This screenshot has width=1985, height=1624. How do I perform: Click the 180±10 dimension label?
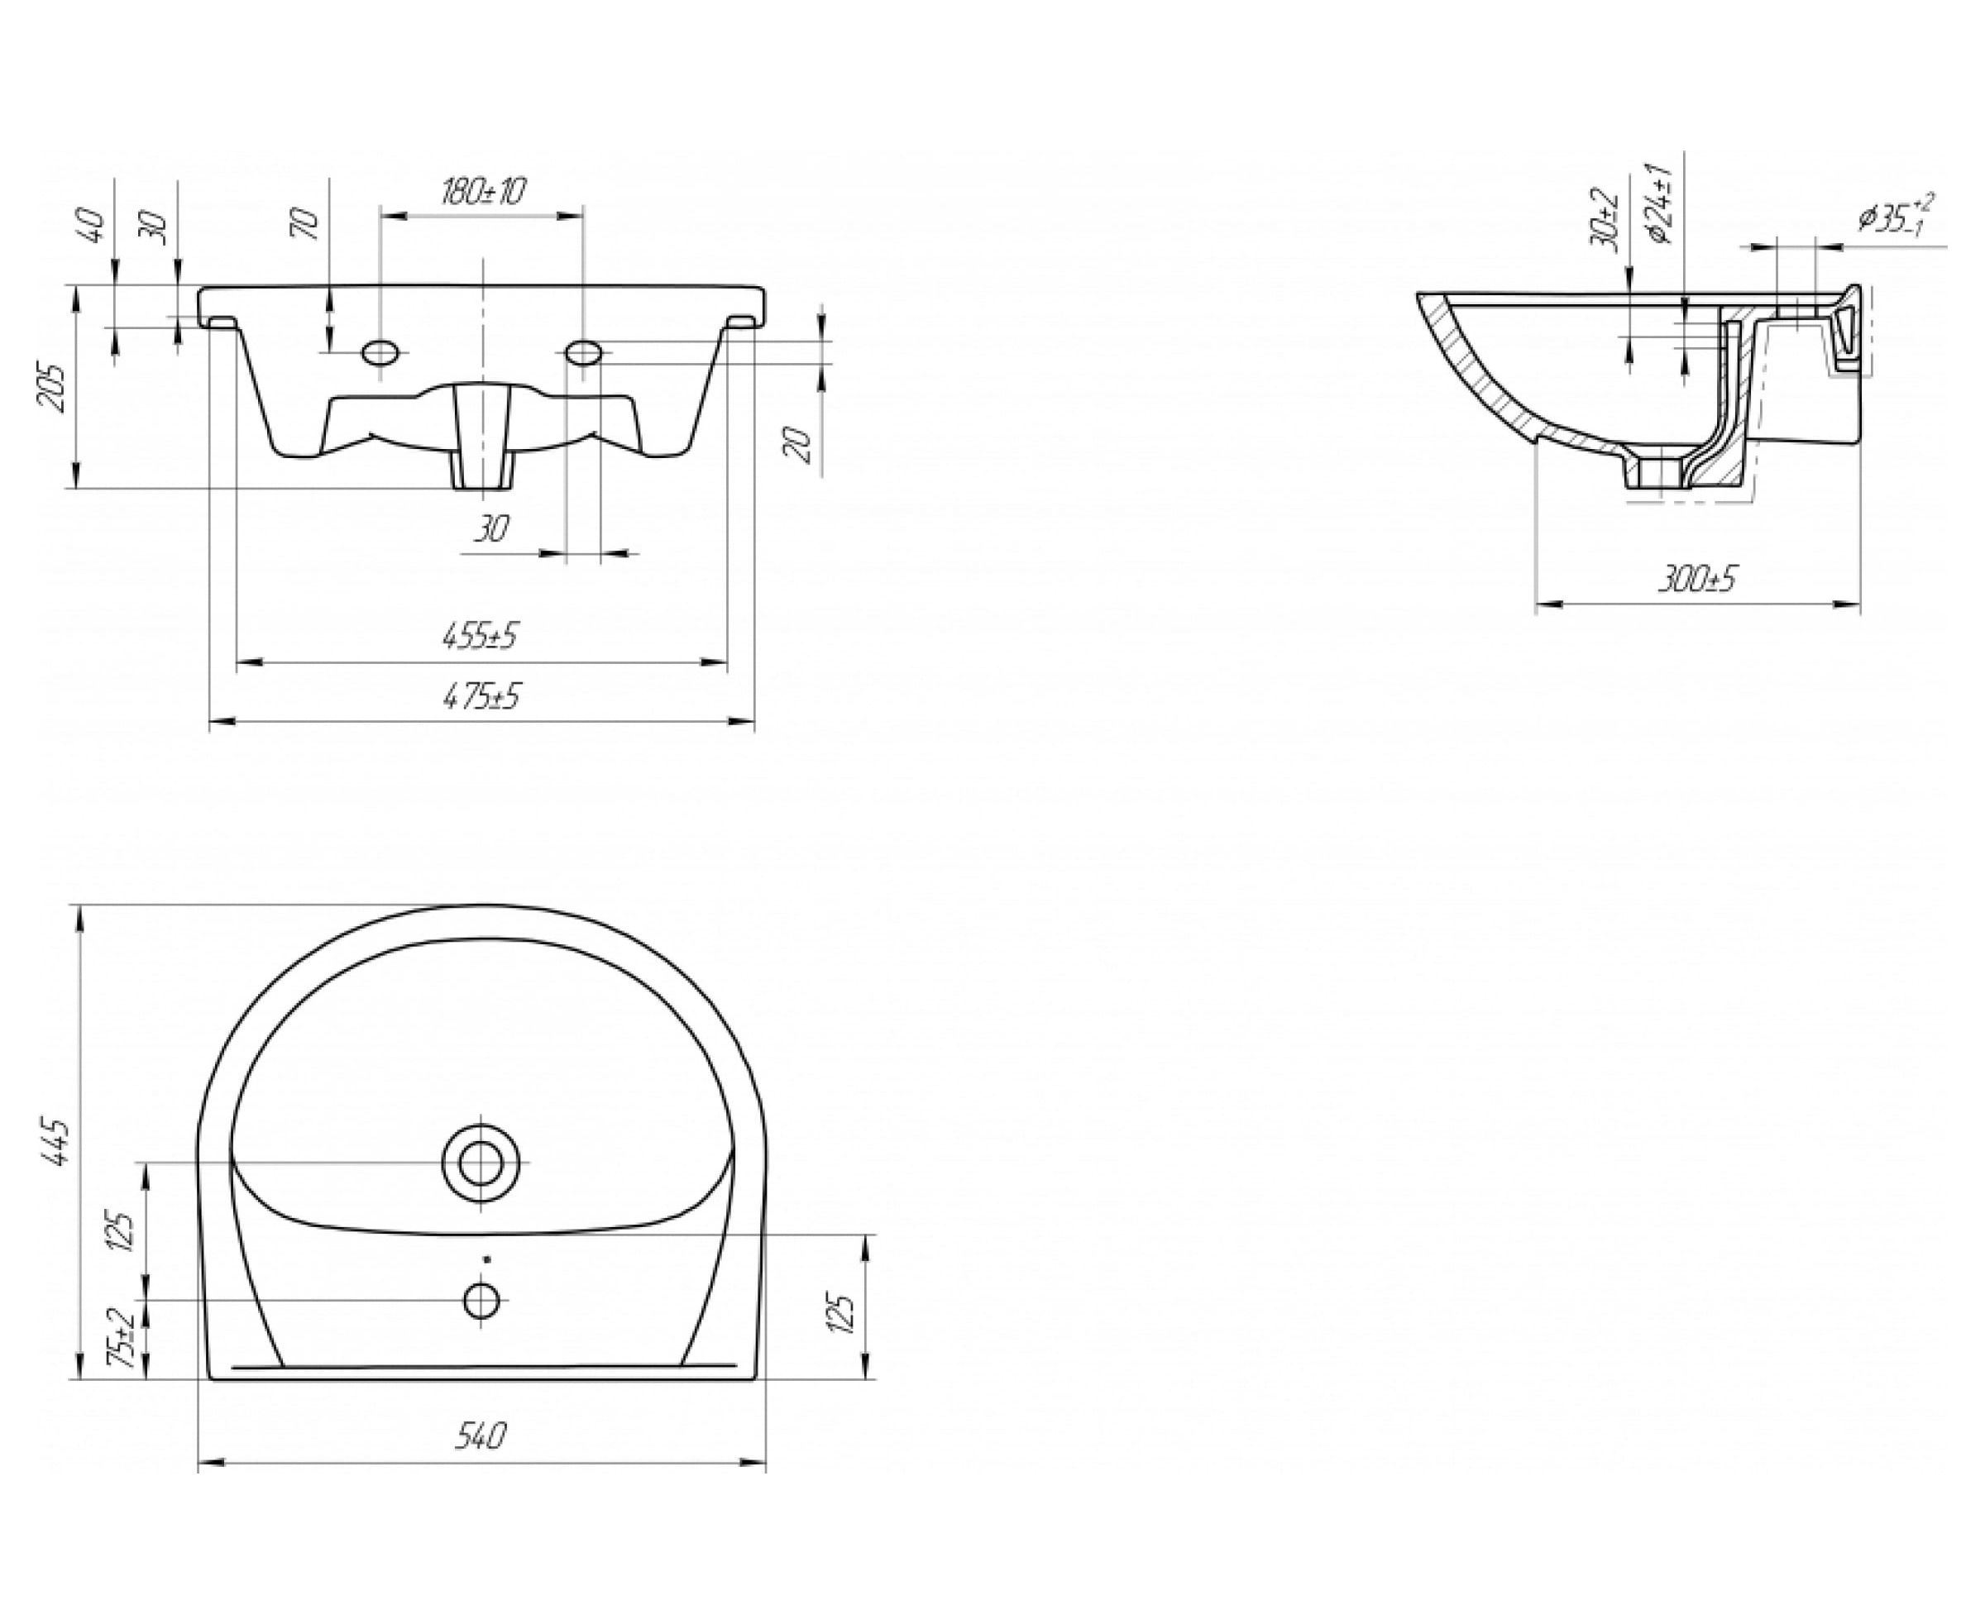pos(482,192)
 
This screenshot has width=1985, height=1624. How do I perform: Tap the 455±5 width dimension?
pos(480,636)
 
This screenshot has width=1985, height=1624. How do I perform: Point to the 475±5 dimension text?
pos(482,696)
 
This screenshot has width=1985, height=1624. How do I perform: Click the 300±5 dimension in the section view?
pos(1696,579)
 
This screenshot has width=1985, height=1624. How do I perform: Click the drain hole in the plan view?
pos(481,1163)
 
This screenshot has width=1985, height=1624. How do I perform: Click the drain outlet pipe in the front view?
pos(482,440)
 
